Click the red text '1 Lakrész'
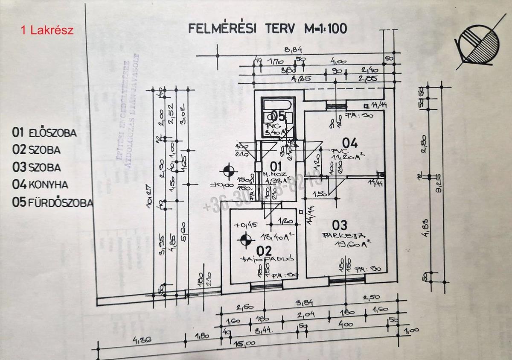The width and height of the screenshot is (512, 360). coord(47,30)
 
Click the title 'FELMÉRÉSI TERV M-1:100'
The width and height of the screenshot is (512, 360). coord(268,29)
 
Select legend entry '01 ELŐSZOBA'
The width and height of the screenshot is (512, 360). coord(45,132)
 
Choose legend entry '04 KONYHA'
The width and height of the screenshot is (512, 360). coord(41,184)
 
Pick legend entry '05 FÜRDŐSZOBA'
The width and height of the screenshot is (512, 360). coord(52,202)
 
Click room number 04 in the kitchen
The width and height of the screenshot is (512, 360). coord(349,143)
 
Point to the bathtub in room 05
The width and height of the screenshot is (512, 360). coord(278,105)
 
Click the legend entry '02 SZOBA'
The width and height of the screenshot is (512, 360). coord(36,150)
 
